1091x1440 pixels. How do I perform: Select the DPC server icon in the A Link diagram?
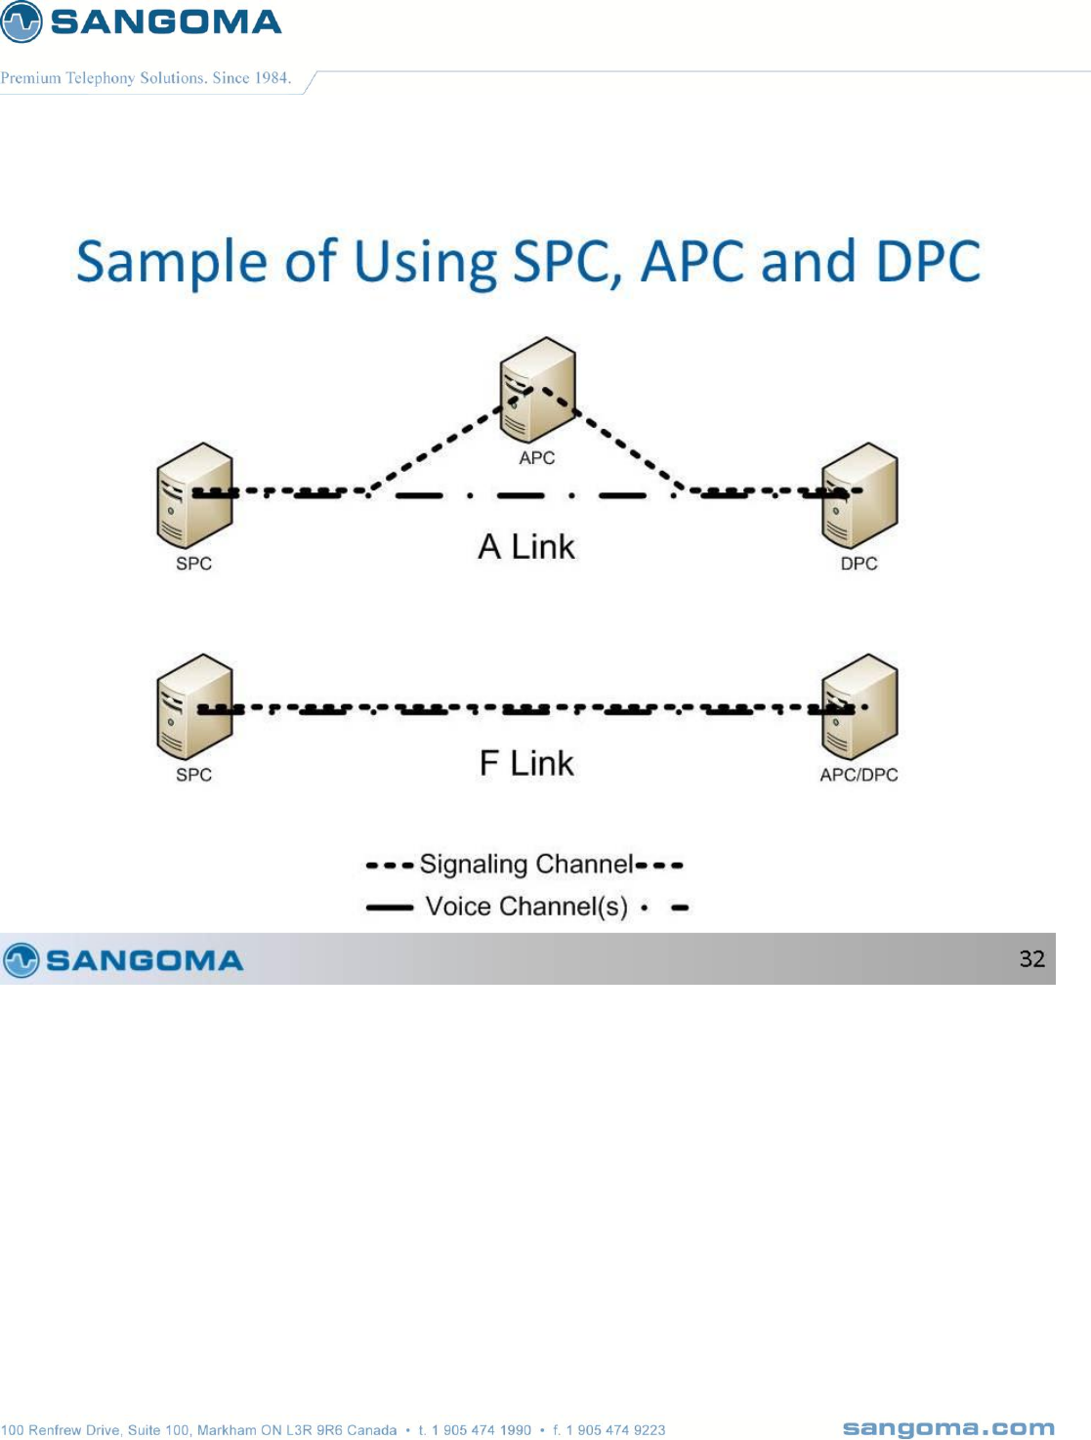(860, 495)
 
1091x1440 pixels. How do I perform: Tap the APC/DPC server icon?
(860, 706)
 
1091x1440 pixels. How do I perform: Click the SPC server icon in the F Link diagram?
(195, 706)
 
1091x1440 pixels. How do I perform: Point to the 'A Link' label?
(526, 547)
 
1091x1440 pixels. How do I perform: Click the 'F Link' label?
(526, 763)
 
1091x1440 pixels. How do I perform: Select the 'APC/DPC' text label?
(859, 775)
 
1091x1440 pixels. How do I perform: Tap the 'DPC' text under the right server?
(859, 564)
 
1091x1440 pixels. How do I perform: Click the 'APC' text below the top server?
(536, 458)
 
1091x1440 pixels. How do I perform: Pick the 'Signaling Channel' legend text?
(526, 865)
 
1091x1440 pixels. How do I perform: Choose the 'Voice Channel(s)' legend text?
(526, 907)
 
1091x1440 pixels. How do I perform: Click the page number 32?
(1031, 958)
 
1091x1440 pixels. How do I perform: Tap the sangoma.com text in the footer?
(948, 1428)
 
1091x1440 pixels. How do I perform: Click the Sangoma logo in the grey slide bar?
(124, 960)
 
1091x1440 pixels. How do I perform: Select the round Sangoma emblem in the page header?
(21, 21)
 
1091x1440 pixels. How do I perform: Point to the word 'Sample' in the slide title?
(172, 263)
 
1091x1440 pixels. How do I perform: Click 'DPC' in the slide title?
(928, 262)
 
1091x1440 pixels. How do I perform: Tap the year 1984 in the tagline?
(272, 78)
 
